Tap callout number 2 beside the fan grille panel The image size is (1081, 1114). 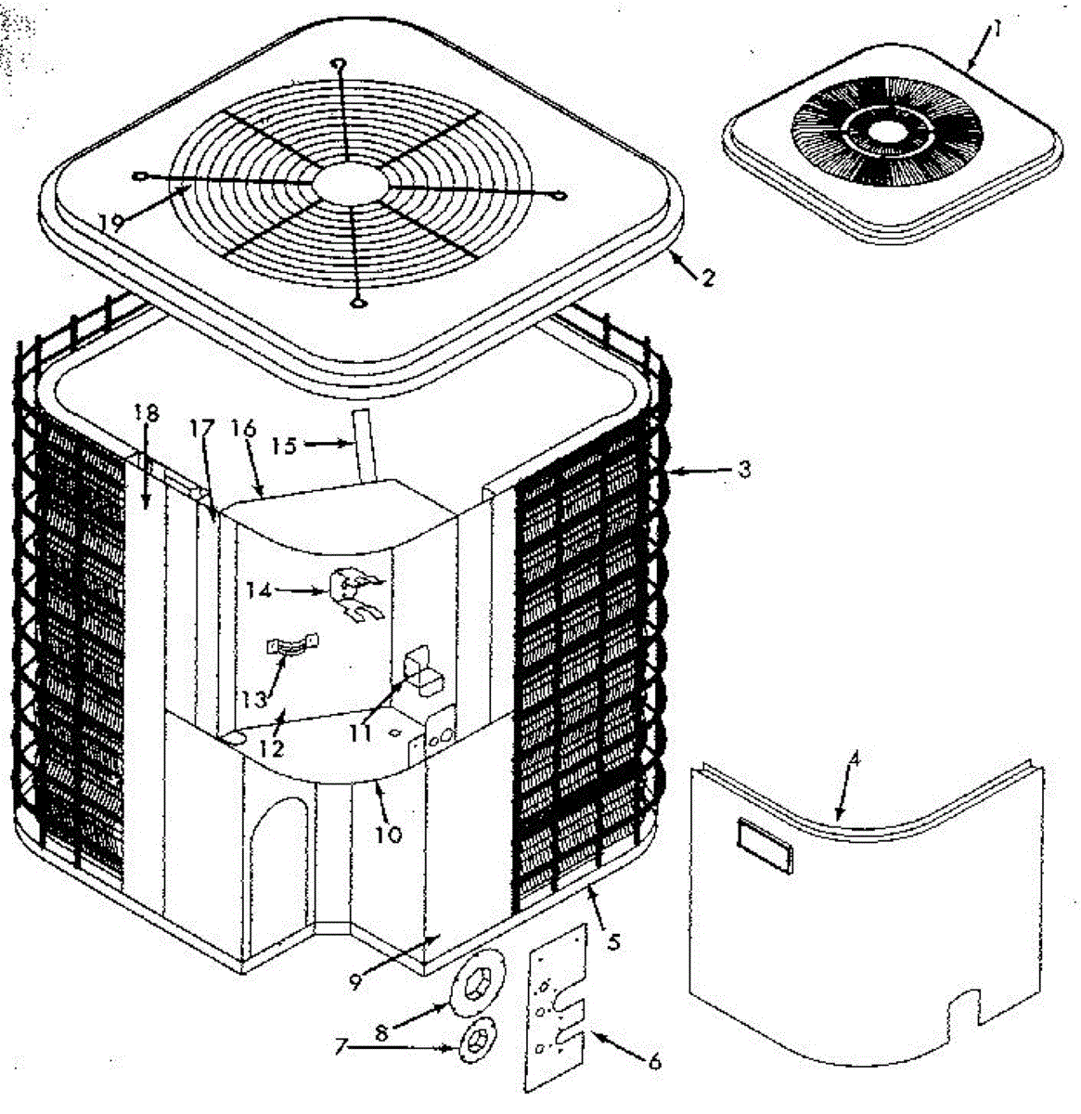(708, 277)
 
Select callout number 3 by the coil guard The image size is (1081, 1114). (743, 470)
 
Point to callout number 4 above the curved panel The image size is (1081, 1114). (855, 758)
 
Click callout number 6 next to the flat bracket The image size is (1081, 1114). (655, 1061)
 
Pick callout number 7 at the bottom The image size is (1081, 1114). (341, 1046)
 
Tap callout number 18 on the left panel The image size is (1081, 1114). (146, 415)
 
